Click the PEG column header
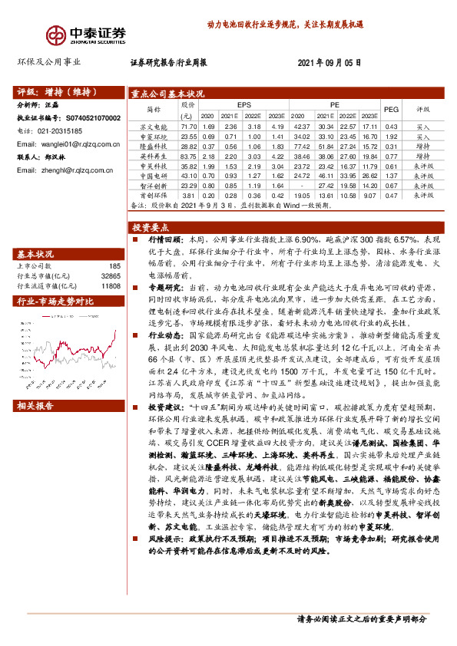click(391, 110)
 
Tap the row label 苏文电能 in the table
click(153, 126)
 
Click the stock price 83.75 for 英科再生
click(188, 156)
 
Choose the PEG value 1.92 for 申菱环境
click(391, 136)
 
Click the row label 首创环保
click(153, 195)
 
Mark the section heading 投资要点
click(151, 228)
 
